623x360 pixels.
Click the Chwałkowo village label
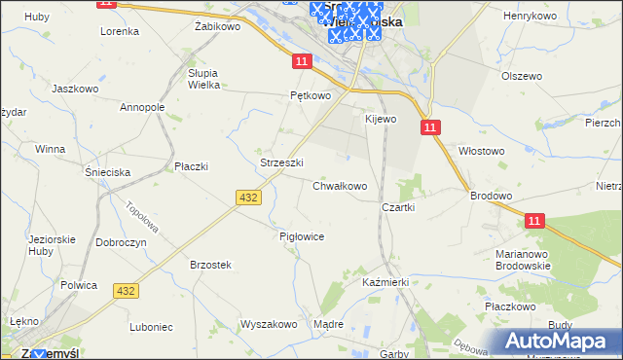pos(340,186)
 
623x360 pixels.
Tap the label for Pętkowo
pos(311,96)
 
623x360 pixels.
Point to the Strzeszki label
pos(282,162)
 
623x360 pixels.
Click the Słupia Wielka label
pos(209,79)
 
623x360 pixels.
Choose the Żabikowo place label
pos(217,27)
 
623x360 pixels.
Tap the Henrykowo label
pos(529,17)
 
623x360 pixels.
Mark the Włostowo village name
pos(481,151)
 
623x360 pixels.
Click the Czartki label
pos(398,207)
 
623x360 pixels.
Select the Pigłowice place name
pos(301,236)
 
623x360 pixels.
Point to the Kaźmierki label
pos(385,281)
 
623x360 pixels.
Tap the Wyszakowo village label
pos(268,324)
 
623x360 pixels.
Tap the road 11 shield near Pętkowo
pos(301,61)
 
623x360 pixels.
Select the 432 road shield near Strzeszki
pos(247,198)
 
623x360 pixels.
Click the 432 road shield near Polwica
pos(126,291)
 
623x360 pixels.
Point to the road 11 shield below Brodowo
pos(534,222)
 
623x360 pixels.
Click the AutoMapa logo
pos(559,341)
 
